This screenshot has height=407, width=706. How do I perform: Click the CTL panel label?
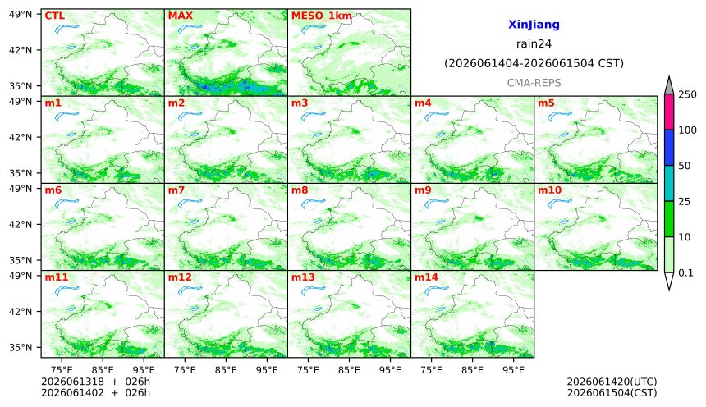54,16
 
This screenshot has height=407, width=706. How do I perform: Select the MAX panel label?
180,16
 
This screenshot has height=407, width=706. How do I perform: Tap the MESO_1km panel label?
322,16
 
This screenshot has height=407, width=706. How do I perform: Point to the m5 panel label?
546,103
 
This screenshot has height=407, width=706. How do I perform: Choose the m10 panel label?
550,190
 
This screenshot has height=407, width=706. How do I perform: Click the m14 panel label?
426,277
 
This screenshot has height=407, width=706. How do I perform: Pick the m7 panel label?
176,190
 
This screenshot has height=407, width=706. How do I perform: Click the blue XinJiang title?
534,25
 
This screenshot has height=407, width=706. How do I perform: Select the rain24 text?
534,43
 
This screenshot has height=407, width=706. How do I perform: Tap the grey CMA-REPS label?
534,83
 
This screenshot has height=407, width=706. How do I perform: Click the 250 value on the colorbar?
688,94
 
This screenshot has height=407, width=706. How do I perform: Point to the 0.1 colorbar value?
685,272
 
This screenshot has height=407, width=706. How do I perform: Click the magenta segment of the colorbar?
669,112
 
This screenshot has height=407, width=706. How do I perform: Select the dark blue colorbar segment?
669,148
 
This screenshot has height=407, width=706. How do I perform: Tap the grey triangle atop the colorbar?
669,85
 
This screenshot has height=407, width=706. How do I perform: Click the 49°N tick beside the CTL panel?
21,15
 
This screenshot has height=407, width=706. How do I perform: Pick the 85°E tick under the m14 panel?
472,370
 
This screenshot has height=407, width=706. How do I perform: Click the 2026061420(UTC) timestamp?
612,382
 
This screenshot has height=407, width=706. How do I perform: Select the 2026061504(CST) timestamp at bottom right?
612,392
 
